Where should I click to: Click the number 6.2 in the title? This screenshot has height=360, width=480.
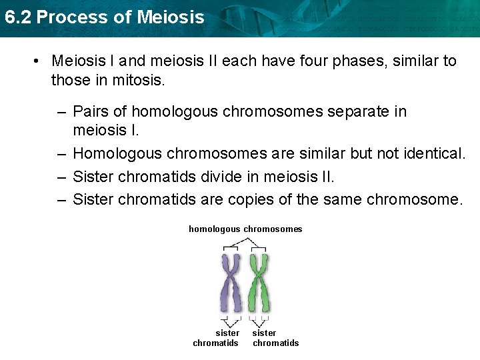(17, 17)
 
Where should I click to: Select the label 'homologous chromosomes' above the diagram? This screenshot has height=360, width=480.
(245, 229)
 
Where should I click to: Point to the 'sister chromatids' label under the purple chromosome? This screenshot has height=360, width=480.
(215, 338)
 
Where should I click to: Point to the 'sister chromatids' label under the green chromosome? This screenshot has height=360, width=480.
(275, 338)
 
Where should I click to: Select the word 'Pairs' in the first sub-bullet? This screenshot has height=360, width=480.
(90, 111)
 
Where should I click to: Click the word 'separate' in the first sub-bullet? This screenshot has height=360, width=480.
(359, 111)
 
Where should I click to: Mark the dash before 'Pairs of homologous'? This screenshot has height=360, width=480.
(61, 111)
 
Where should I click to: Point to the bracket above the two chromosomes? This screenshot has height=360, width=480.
(245, 246)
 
